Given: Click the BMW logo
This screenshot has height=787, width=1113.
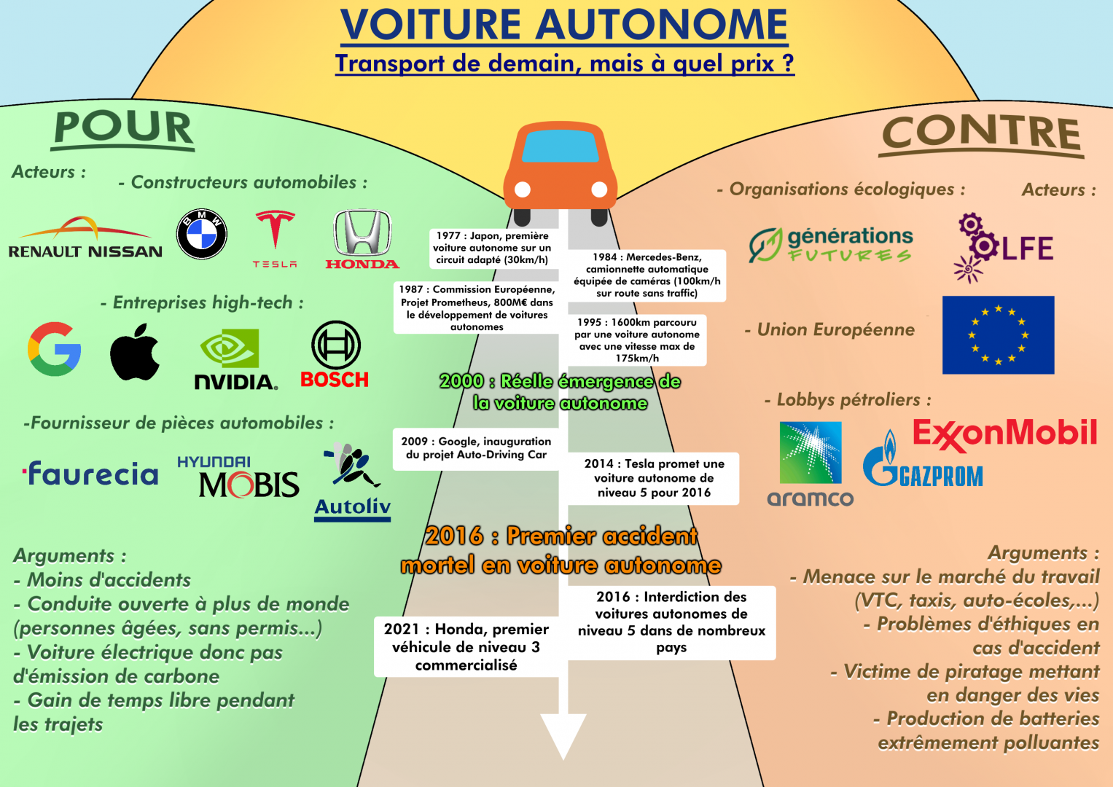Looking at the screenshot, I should pos(202,235).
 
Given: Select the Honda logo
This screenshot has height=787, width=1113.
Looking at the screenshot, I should pos(362,239).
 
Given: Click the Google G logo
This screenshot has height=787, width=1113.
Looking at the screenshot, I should pos(55,349).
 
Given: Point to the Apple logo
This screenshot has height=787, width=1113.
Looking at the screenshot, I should pos(135,353).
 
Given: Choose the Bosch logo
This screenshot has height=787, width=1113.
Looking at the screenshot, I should pos(335,355).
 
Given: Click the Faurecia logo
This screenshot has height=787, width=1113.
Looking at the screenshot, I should pos(91,474).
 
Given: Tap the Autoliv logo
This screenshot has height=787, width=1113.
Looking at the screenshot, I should pos(353,482).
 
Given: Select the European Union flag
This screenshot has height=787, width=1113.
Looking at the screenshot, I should pos(998,335).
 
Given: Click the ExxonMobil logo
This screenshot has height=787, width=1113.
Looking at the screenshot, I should pos(1004,434).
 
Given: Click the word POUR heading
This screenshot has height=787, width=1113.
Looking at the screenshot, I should pos(124,128).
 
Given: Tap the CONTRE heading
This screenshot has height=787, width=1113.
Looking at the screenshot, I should pos(981,134).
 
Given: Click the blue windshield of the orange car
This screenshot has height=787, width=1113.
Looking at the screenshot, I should pos(560,147).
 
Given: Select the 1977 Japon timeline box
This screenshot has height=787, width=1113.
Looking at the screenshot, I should pos(492,248).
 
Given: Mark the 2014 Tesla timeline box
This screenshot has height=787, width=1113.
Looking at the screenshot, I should pos(654,478).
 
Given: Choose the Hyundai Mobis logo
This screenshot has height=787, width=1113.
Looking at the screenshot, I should pos(238,477).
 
